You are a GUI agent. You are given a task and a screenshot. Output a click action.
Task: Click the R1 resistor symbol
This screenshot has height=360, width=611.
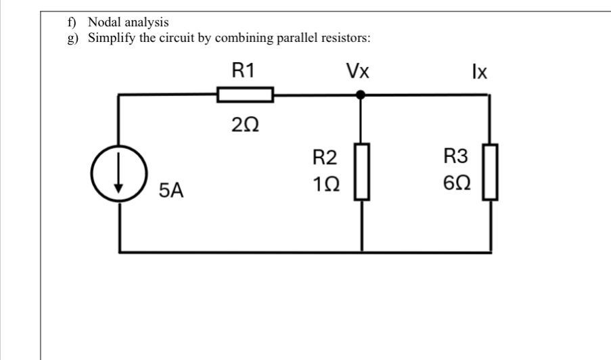click(244, 95)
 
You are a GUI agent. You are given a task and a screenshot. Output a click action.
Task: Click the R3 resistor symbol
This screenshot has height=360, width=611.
click(489, 172)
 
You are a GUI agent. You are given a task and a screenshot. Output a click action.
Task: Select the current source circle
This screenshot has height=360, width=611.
click(121, 179)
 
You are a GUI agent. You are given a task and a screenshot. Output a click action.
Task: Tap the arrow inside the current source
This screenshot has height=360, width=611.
click(121, 179)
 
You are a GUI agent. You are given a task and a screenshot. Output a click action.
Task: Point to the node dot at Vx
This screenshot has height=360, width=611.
click(361, 95)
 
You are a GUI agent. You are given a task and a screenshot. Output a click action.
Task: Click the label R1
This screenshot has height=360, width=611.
click(244, 70)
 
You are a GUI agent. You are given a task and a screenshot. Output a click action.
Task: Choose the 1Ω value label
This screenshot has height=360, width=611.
click(325, 182)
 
